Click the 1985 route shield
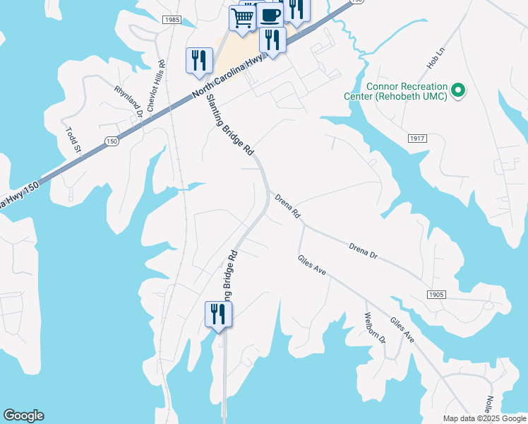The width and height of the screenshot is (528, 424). tap(171, 20)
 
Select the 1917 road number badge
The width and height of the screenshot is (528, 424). tap(417, 139)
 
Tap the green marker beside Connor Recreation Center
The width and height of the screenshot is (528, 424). tap(457, 90)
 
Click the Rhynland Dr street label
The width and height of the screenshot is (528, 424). tap(129, 101)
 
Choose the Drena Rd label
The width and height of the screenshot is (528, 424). tap(287, 206)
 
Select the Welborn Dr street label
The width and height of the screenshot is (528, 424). tap(375, 329)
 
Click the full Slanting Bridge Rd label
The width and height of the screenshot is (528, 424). tap(230, 124)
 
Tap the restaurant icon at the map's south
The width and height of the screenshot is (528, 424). tap(218, 314)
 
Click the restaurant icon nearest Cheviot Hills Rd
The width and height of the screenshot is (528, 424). tap(199, 60)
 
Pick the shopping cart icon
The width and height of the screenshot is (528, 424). tap(242, 18)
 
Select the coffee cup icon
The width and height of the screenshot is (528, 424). tap(269, 14)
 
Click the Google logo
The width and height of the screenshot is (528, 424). tap(23, 416)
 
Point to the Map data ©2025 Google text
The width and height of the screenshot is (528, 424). tap(484, 418)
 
